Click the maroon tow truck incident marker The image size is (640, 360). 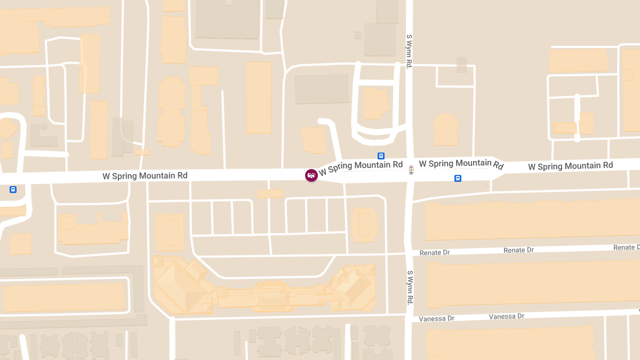tap(311, 175)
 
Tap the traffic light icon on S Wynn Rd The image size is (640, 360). tap(411, 170)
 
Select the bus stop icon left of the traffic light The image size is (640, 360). tap(381, 156)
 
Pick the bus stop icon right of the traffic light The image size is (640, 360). tap(458, 178)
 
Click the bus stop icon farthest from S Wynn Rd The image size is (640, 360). tap(13, 189)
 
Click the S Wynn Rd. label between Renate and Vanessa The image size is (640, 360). tap(410, 287)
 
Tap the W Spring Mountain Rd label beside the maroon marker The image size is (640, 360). tap(361, 166)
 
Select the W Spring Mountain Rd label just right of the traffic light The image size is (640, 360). tap(461, 164)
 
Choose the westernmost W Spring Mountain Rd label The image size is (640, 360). tap(145, 175)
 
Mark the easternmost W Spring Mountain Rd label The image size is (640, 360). tap(570, 166)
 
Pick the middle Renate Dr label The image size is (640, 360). tap(518, 250)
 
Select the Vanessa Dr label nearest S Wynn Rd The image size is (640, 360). tap(436, 318)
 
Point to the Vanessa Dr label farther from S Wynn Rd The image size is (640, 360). tap(506, 316)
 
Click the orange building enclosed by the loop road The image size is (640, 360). tap(375, 103)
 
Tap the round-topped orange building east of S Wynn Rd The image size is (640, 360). tap(445, 129)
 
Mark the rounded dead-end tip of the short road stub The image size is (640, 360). tap(321, 121)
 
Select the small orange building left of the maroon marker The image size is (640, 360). tap(270, 194)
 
